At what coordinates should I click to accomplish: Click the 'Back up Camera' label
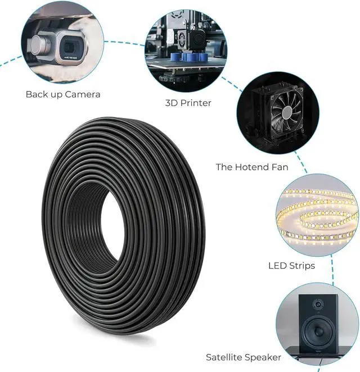pos(63,94)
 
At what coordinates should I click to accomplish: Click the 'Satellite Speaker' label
pos(244,357)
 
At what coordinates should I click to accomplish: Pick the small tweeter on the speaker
pos(318,305)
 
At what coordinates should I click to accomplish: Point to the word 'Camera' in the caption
pos(82,94)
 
